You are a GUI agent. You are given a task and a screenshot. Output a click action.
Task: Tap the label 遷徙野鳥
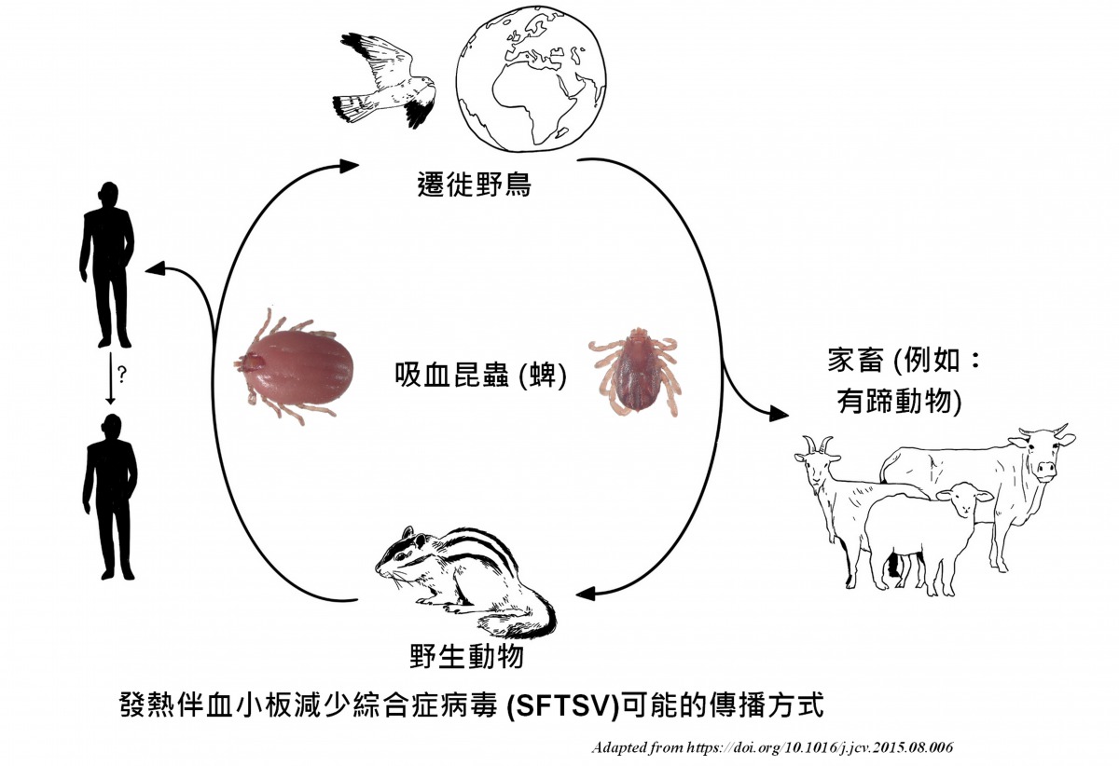(474, 184)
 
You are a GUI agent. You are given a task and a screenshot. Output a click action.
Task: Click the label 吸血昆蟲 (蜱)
(481, 375)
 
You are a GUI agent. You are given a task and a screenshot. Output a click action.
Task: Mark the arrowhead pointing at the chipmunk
(586, 594)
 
